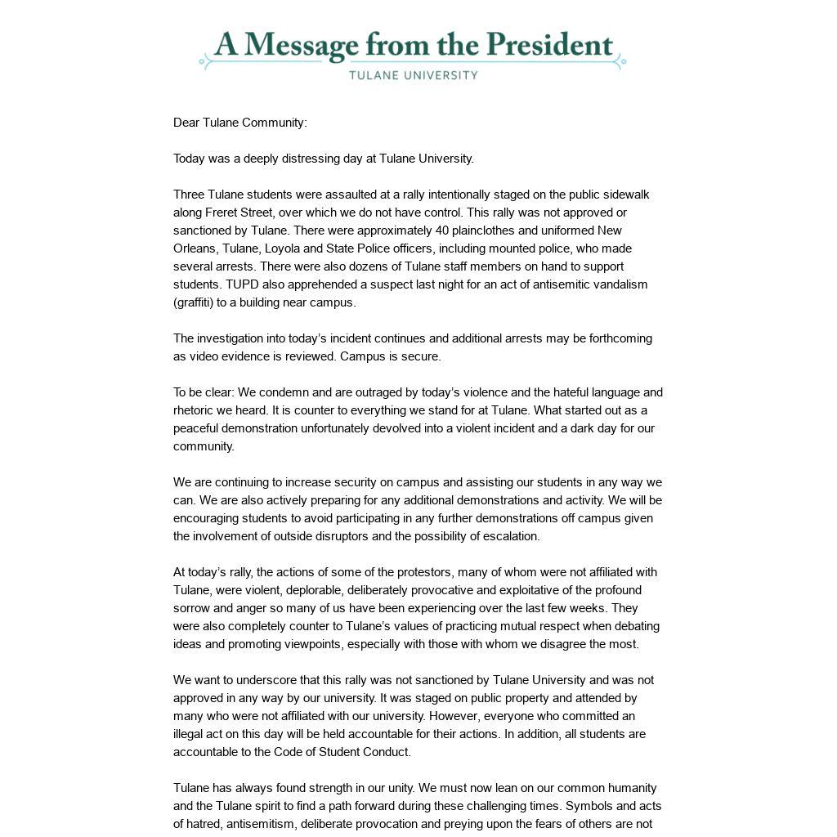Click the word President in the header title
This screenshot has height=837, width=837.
tap(550, 46)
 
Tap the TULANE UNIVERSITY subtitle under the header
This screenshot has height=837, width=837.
tap(413, 75)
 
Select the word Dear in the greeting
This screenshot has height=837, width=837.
tap(186, 123)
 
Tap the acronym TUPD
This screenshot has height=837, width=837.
tap(243, 284)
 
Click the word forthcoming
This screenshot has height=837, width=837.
tap(611, 338)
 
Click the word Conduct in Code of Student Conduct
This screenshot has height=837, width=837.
tap(387, 752)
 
